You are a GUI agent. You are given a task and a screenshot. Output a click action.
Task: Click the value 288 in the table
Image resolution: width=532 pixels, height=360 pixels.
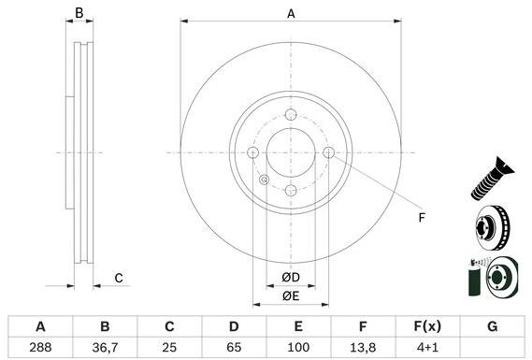pos(40,347)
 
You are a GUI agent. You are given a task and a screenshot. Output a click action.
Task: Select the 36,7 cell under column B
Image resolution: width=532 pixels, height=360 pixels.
pos(105,347)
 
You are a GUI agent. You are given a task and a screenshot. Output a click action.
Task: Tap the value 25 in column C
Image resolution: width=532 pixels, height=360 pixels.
pos(169,347)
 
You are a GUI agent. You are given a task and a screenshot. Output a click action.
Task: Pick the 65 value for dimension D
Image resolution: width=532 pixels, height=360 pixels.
pos(234,347)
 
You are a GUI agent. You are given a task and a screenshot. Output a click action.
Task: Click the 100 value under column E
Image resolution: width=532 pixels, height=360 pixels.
pos(298,347)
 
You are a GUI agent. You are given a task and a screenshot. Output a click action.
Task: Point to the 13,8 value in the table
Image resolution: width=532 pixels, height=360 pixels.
pos(363,347)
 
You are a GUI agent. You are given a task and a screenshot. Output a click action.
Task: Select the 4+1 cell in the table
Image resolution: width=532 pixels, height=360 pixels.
pos(427,347)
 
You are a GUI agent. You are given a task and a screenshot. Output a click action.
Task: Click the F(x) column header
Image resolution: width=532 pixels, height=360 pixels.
pos(427,326)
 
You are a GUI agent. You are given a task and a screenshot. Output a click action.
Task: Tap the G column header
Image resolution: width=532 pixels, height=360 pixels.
pos(492,326)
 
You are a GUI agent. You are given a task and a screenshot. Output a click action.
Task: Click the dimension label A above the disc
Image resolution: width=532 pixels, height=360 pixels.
pos(291,13)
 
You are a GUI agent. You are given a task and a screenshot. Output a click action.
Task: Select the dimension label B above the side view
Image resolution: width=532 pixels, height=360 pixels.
pos(80,13)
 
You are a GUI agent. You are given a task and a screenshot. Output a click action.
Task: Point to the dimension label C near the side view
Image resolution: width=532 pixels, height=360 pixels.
pos(119,278)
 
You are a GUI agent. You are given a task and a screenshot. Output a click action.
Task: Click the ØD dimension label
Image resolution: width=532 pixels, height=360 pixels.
pos(291,278)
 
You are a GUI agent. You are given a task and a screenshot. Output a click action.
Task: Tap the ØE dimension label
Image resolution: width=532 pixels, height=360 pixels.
pos(291,296)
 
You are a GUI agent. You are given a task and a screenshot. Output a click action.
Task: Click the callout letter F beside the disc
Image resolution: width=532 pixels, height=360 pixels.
pos(421,218)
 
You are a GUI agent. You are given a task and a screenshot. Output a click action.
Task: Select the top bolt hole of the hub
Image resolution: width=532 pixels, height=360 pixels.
pos(291,115)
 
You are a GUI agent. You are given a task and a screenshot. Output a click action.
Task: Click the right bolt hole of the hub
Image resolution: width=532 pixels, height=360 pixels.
pos(328,153)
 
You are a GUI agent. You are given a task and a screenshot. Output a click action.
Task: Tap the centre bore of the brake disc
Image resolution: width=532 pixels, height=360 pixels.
pos(291,153)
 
